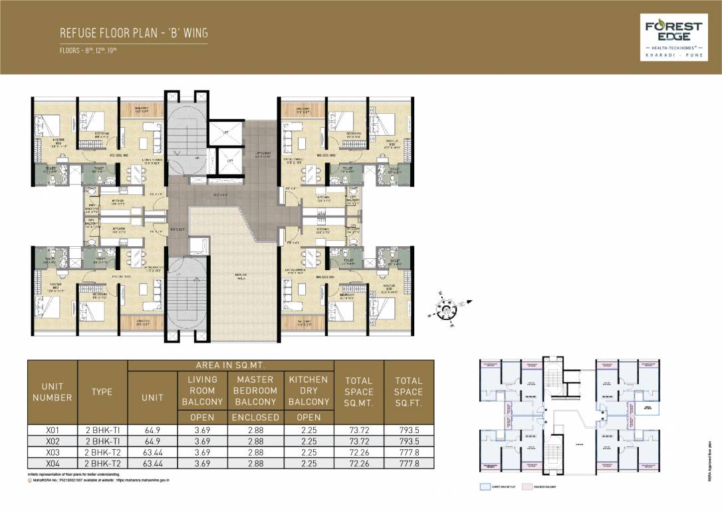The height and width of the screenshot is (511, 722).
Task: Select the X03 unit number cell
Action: (53, 452)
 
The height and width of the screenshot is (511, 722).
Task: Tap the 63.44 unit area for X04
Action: (152, 463)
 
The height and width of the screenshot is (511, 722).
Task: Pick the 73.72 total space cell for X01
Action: (358, 430)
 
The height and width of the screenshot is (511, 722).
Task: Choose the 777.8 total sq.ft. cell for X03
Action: (408, 452)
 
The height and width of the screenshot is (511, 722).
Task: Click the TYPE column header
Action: (102, 392)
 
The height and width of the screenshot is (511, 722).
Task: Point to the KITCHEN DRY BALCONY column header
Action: (308, 391)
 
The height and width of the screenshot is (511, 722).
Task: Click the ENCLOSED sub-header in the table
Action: (255, 418)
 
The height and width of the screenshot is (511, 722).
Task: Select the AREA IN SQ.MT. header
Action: (231, 366)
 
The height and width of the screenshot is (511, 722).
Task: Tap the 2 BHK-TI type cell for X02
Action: (102, 440)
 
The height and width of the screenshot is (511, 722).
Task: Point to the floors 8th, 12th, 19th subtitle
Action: (88, 51)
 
